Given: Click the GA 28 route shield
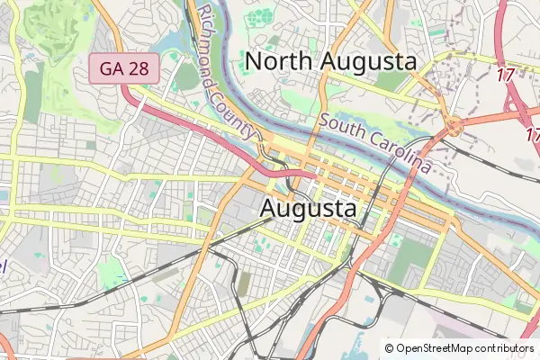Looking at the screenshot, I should click(x=124, y=68).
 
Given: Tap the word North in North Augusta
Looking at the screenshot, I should click(x=286, y=61).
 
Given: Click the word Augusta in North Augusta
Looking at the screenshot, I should click(x=374, y=61).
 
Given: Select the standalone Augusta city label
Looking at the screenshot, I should click(x=309, y=208).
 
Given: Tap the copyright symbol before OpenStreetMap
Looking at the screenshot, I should click(x=390, y=348).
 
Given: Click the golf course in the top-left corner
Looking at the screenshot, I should click(x=54, y=31).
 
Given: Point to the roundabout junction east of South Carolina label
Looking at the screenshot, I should click(x=455, y=127).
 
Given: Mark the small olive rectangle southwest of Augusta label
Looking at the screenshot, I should click(x=244, y=284).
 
